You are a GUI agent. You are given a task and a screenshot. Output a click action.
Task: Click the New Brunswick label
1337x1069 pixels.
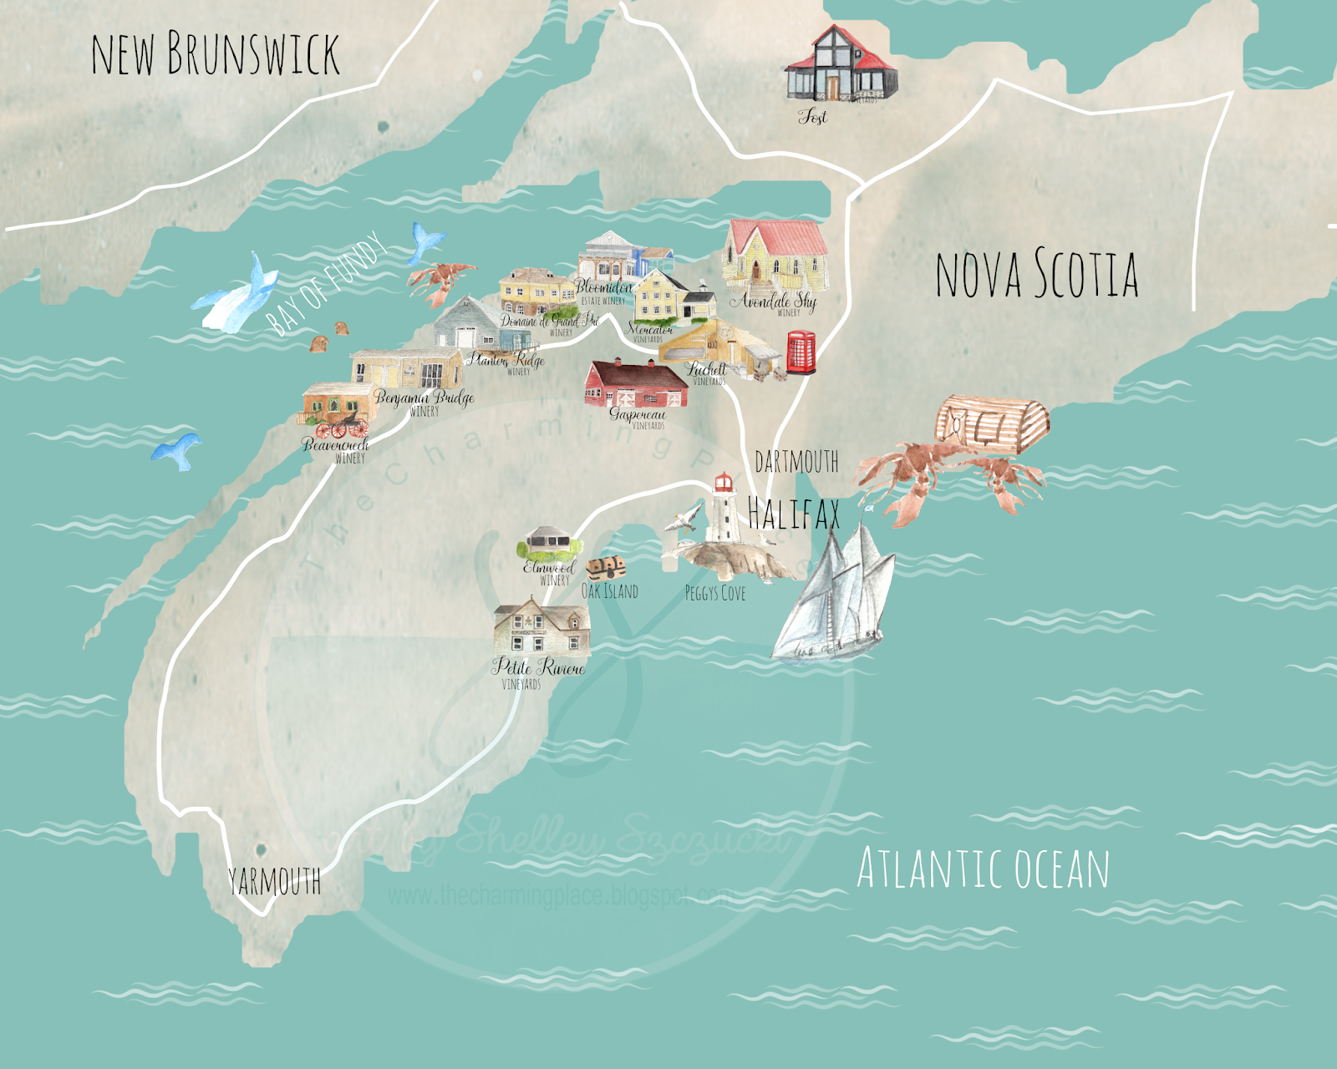215,54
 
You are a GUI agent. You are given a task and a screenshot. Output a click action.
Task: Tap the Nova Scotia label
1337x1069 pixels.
1036,274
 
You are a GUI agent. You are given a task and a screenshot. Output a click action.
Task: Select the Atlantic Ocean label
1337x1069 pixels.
983,869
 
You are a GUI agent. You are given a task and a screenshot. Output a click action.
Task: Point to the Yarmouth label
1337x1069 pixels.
274,881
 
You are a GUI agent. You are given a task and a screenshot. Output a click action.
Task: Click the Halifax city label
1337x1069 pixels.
793,513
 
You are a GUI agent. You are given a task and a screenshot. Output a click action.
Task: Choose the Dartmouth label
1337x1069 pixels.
796,462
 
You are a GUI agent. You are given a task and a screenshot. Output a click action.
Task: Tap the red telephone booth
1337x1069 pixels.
800,352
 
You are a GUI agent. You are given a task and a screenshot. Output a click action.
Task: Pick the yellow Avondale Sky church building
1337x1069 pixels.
775,255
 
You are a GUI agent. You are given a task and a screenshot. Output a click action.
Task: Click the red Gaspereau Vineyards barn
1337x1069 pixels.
636,383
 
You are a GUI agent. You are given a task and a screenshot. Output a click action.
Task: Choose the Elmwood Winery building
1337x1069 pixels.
548,544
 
